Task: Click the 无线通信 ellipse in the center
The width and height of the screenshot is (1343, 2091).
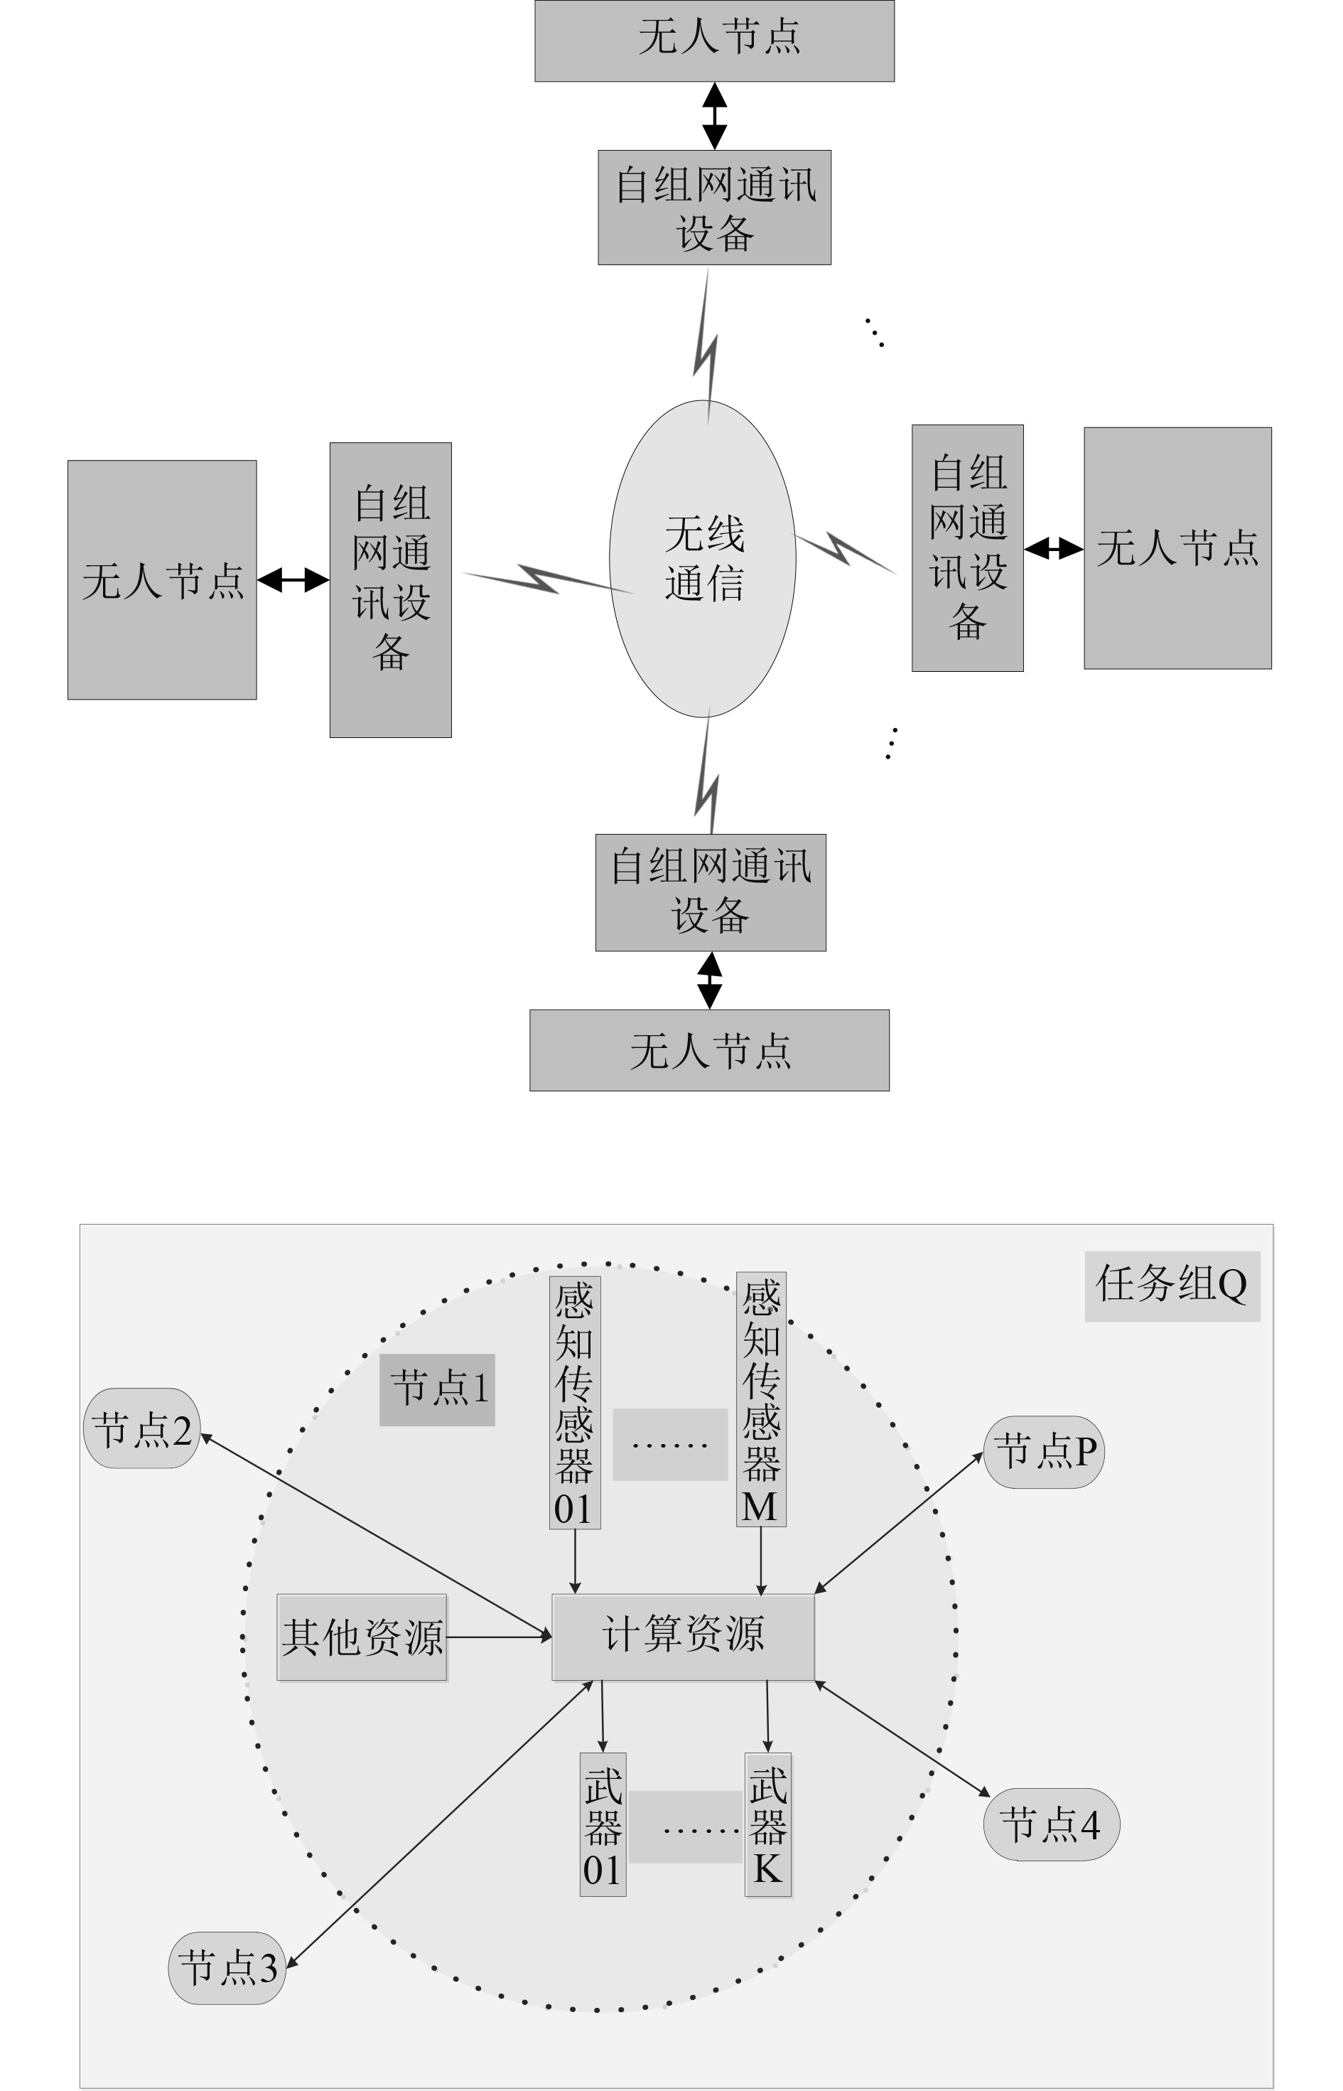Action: click(x=703, y=558)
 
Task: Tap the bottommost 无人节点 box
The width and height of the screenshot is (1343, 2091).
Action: click(x=709, y=1050)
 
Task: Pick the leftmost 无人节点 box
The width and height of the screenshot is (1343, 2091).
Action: click(x=162, y=580)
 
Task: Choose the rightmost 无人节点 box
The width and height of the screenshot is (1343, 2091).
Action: click(x=1177, y=548)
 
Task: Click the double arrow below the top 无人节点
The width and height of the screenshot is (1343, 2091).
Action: click(x=714, y=115)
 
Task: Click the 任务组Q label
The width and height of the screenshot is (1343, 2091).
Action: click(x=1172, y=1286)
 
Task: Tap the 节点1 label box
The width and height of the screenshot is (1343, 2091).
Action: click(x=437, y=1390)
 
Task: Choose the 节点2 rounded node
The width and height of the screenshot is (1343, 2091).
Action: click(x=142, y=1428)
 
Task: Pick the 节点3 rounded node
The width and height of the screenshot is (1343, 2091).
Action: click(x=227, y=1968)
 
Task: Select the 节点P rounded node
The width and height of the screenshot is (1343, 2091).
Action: click(x=1044, y=1452)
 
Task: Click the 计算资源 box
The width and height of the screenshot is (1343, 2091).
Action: click(x=683, y=1637)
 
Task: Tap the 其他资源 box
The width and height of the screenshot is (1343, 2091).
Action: click(x=362, y=1637)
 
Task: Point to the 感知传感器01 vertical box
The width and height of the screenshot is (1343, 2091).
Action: click(x=575, y=1403)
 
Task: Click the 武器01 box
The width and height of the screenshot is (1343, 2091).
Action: click(x=603, y=1824)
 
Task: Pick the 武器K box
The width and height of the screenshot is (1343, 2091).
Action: click(x=768, y=1824)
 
